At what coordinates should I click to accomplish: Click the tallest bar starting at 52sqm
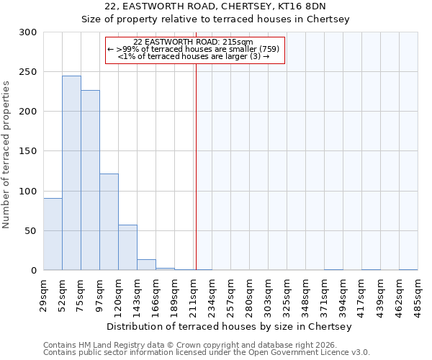coord(71,173)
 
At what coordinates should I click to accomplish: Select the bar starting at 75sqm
coord(90,180)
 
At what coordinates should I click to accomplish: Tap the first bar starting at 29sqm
coord(53,234)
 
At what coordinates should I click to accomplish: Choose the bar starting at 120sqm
coord(127,248)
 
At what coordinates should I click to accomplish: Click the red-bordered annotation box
coord(195,50)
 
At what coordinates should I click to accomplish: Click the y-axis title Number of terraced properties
coord(7,155)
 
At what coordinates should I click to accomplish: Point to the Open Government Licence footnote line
coord(207,353)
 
